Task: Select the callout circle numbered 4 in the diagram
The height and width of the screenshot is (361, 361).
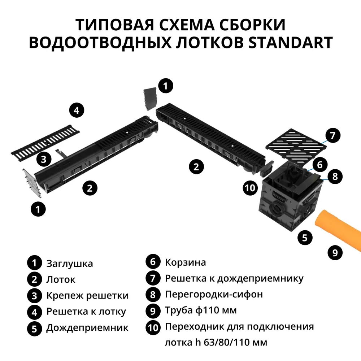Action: (x=76, y=110)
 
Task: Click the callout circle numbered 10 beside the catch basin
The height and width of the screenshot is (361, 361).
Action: (x=250, y=188)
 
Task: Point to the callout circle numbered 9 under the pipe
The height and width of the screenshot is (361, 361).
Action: (x=335, y=252)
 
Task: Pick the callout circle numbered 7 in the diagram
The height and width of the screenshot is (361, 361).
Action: (x=332, y=136)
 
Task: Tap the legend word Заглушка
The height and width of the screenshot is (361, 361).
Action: (x=70, y=264)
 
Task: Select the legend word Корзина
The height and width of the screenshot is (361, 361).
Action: (x=186, y=262)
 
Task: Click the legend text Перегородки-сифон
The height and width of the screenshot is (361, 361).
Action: (x=214, y=295)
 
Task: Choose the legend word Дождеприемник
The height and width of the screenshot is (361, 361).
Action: (x=87, y=328)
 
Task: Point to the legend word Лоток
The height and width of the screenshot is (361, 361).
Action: (x=61, y=280)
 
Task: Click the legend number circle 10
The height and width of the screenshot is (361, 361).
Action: (x=153, y=327)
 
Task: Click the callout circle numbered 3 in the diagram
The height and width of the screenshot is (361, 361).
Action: (x=43, y=159)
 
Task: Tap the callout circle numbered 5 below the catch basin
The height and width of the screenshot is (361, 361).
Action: (x=305, y=238)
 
